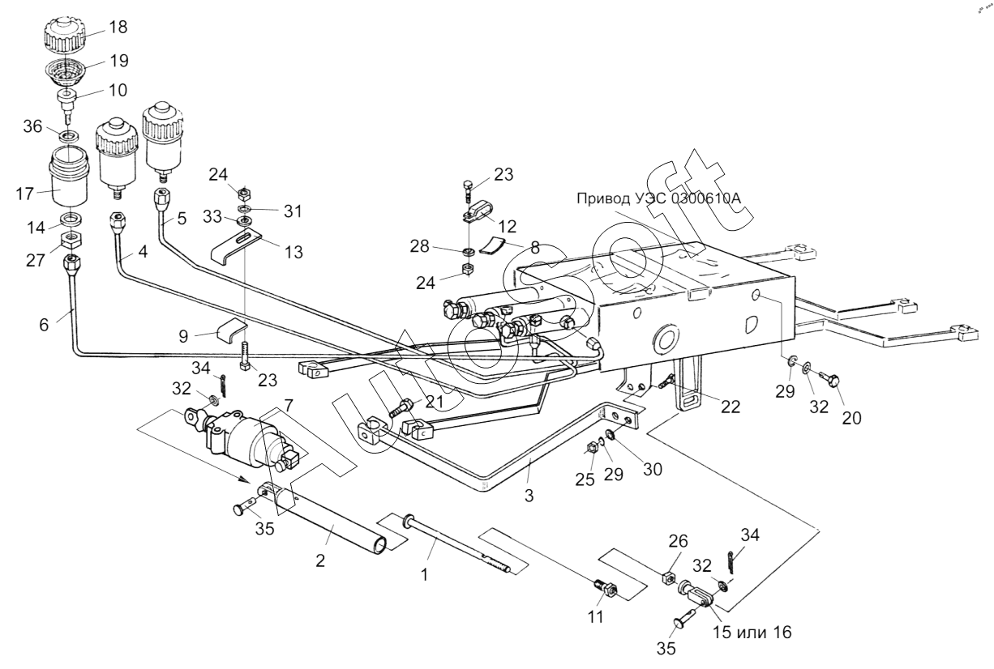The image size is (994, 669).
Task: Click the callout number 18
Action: (x=118, y=27)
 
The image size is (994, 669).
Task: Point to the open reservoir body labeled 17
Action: (x=68, y=177)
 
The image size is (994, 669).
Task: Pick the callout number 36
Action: (x=32, y=126)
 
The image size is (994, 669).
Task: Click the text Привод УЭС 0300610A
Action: (x=659, y=198)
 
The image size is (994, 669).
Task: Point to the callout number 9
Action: (x=184, y=336)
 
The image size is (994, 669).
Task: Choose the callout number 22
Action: (x=731, y=407)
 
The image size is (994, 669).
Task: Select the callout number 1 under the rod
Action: (x=424, y=575)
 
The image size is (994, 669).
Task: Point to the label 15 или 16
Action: (x=752, y=633)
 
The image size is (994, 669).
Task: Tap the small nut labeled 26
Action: (x=669, y=578)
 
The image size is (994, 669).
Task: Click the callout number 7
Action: (x=289, y=405)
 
